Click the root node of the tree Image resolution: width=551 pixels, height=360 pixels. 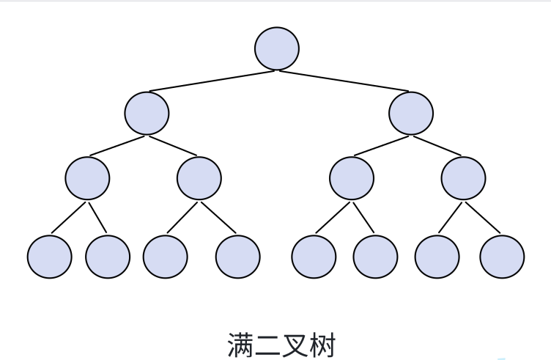(x=277, y=48)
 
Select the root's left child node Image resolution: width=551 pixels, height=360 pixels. (x=147, y=113)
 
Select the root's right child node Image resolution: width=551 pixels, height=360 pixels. (x=411, y=113)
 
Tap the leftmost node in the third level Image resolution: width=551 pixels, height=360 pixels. (x=87, y=178)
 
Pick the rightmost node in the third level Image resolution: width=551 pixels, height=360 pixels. (x=463, y=178)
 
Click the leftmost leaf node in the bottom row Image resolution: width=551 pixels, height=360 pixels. (x=50, y=256)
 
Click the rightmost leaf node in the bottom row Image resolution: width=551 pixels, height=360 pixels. (x=502, y=256)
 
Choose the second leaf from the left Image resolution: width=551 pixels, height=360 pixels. (x=108, y=256)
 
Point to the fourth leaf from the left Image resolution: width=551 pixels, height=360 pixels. (x=238, y=256)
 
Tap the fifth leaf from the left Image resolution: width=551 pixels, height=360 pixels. (x=314, y=256)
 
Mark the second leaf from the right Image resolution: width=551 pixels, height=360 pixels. (x=437, y=256)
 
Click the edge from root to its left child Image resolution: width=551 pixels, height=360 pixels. (x=212, y=80)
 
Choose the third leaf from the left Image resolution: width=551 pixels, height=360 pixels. (x=166, y=256)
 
